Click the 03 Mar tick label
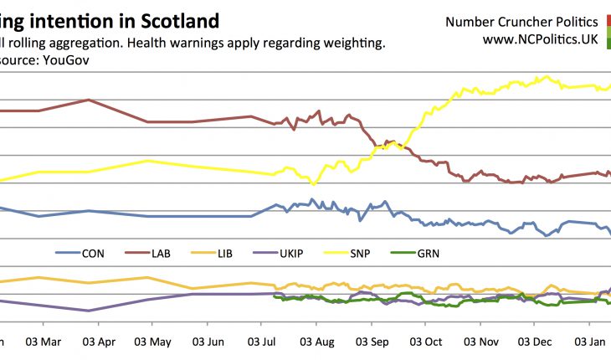tap(44, 342)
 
